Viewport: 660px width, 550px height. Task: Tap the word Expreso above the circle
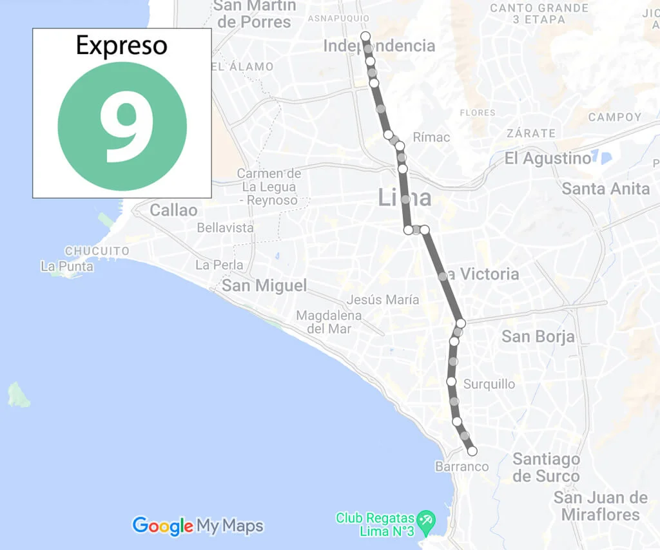(121, 46)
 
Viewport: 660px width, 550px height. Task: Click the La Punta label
(66, 266)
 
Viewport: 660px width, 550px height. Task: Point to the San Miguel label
(264, 285)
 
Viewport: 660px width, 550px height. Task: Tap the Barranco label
(461, 466)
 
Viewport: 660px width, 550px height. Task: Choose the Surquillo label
(489, 384)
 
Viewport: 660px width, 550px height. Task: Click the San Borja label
(538, 336)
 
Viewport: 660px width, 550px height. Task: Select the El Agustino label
(547, 158)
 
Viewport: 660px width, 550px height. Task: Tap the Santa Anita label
(606, 189)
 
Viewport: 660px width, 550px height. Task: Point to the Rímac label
(431, 137)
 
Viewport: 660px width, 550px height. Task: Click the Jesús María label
(383, 299)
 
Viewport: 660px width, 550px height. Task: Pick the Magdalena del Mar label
(329, 322)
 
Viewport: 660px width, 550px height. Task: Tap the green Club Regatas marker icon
(425, 519)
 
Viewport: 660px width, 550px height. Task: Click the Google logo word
(162, 526)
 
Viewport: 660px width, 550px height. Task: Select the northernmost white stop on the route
(365, 35)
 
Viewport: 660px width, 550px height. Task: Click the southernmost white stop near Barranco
(472, 451)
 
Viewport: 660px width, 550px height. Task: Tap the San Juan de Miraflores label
(600, 506)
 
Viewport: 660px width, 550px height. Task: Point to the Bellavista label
(225, 228)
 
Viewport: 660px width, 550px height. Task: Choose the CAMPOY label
(615, 117)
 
